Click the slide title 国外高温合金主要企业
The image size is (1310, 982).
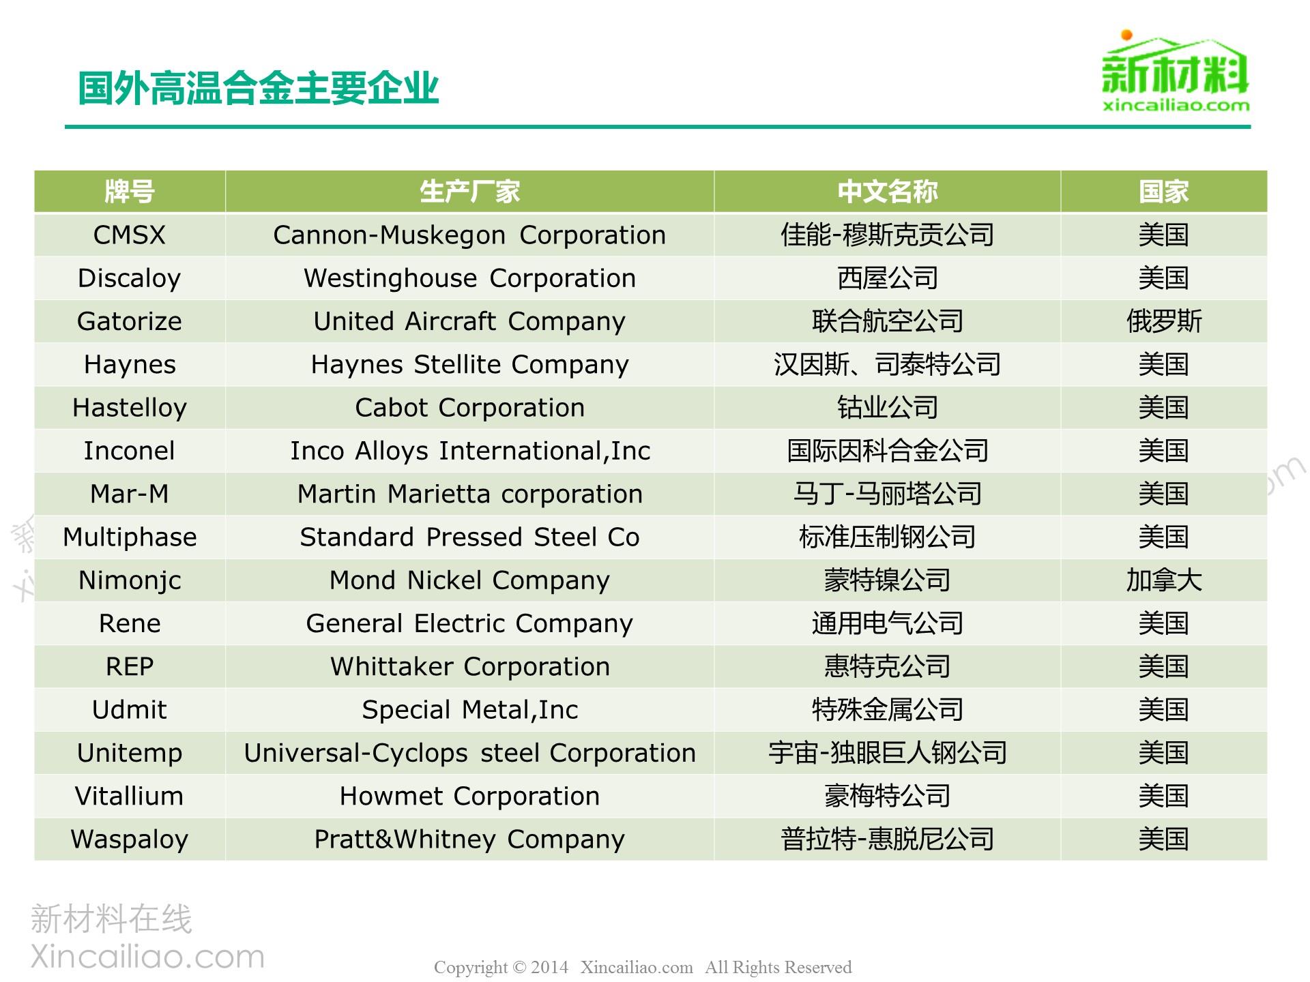258,89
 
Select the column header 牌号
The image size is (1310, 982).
130,192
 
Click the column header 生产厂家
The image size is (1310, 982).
469,192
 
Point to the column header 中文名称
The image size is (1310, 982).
888,192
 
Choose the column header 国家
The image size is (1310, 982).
1163,192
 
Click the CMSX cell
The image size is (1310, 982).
130,235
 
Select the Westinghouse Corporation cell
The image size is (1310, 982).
469,278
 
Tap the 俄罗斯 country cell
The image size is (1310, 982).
1164,321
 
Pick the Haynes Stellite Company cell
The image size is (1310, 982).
469,365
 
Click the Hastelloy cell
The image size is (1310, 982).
130,408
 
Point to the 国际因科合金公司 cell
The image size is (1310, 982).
888,451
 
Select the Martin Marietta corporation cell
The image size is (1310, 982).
469,494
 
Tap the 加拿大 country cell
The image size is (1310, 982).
1164,580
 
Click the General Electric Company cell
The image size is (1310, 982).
469,623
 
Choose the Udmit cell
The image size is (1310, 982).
130,710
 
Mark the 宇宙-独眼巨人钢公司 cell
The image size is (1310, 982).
888,753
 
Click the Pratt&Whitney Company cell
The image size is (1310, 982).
469,839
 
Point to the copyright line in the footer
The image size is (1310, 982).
643,967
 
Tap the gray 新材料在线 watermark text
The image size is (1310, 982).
111,919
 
